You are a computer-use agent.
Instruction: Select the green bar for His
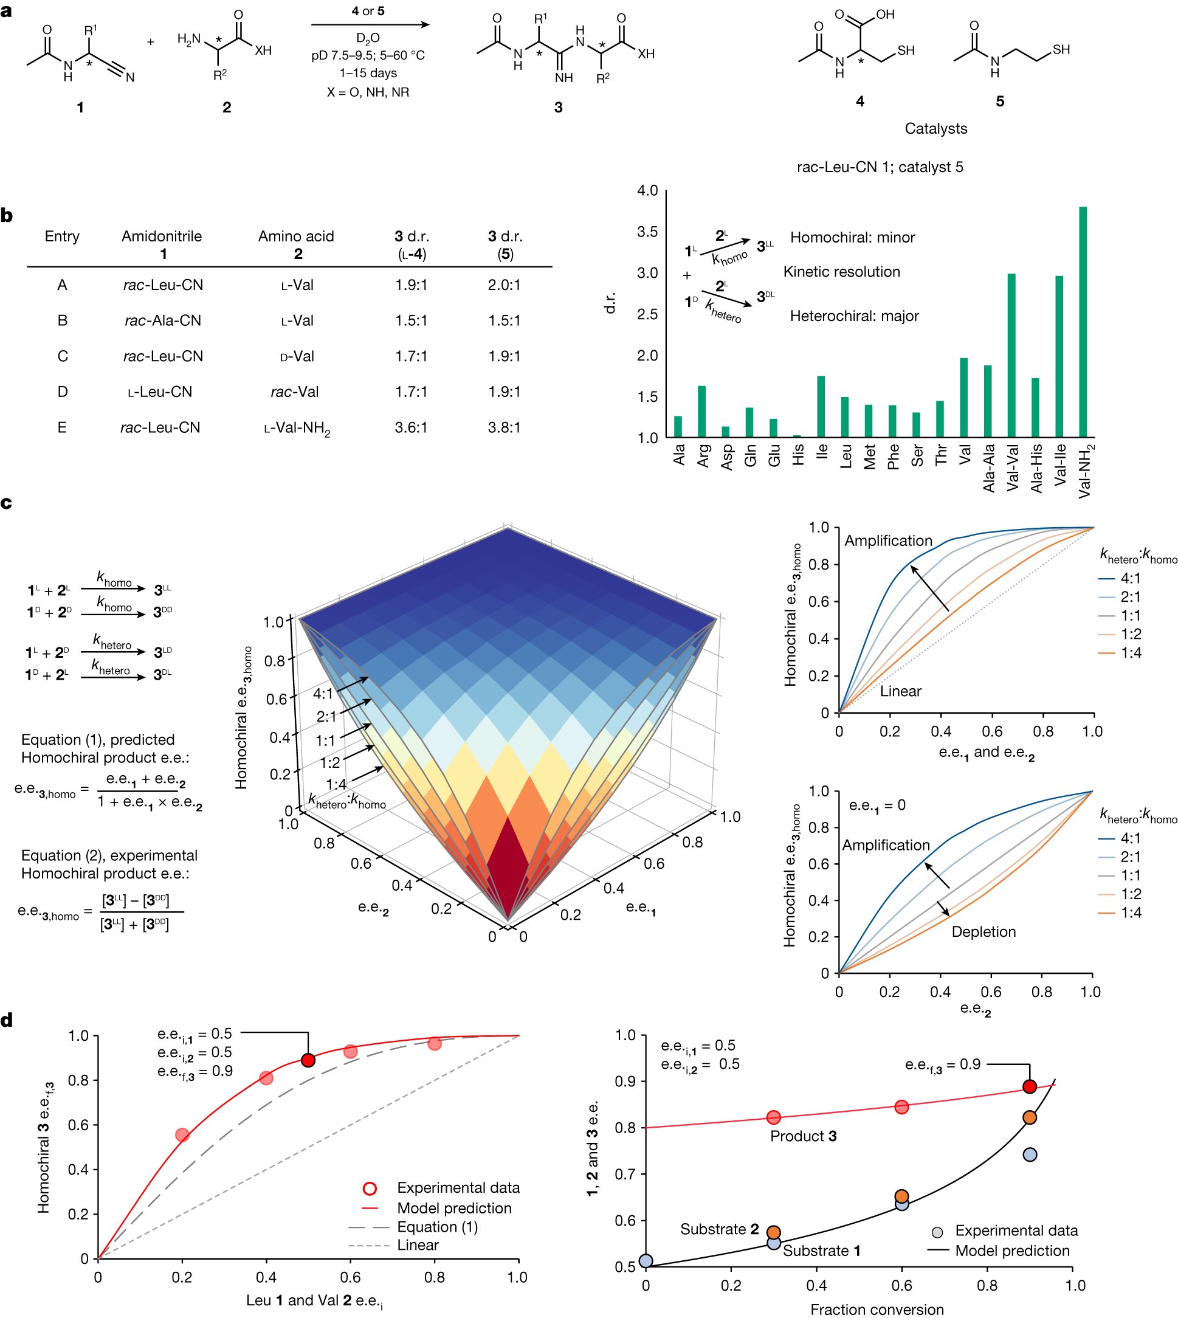tap(797, 436)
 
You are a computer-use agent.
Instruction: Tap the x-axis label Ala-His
tap(1036, 468)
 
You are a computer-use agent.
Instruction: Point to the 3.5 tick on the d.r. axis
tap(647, 232)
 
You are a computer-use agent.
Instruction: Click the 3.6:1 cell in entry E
tap(411, 428)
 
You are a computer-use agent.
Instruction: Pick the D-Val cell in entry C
tap(297, 357)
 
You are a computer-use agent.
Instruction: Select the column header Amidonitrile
tap(162, 236)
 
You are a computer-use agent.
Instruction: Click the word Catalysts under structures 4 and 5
tap(935, 129)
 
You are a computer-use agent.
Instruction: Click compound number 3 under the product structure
tap(558, 108)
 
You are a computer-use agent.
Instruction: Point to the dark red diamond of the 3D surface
tap(508, 868)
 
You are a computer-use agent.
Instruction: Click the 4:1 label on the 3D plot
tap(323, 694)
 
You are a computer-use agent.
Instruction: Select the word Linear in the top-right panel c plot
tap(900, 691)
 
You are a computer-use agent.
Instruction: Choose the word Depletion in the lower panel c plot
tap(983, 931)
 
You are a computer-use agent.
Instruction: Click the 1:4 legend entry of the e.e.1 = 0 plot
tap(1130, 913)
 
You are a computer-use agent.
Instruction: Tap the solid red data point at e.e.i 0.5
tap(308, 1060)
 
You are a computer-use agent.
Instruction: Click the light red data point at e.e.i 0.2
tap(182, 1135)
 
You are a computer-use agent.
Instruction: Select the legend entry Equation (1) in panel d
tap(437, 1227)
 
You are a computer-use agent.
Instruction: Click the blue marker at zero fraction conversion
tap(646, 1260)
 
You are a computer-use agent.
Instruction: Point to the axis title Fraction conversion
tap(877, 1309)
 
